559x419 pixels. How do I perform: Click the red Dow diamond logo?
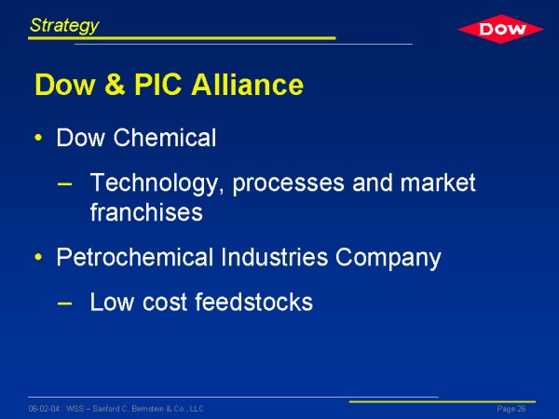(500, 29)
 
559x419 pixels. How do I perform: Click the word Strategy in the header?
(64, 26)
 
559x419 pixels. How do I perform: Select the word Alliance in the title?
(248, 85)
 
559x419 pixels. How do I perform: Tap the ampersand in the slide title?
(116, 85)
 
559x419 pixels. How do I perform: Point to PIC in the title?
(158, 85)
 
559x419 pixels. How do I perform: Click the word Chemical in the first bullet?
(165, 138)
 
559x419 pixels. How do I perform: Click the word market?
(438, 182)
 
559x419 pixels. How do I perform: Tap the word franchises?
(146, 211)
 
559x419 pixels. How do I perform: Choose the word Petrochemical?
(135, 257)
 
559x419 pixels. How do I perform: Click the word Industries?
(274, 257)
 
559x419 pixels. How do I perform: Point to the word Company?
(389, 258)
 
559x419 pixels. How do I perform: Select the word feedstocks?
(253, 302)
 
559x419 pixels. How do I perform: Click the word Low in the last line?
(112, 302)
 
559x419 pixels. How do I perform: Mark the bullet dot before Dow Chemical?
(38, 138)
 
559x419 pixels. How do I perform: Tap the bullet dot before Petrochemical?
(38, 257)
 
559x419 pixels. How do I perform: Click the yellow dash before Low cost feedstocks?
(64, 304)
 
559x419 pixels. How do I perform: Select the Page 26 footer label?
(511, 409)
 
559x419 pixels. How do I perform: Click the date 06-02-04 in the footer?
(45, 409)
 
